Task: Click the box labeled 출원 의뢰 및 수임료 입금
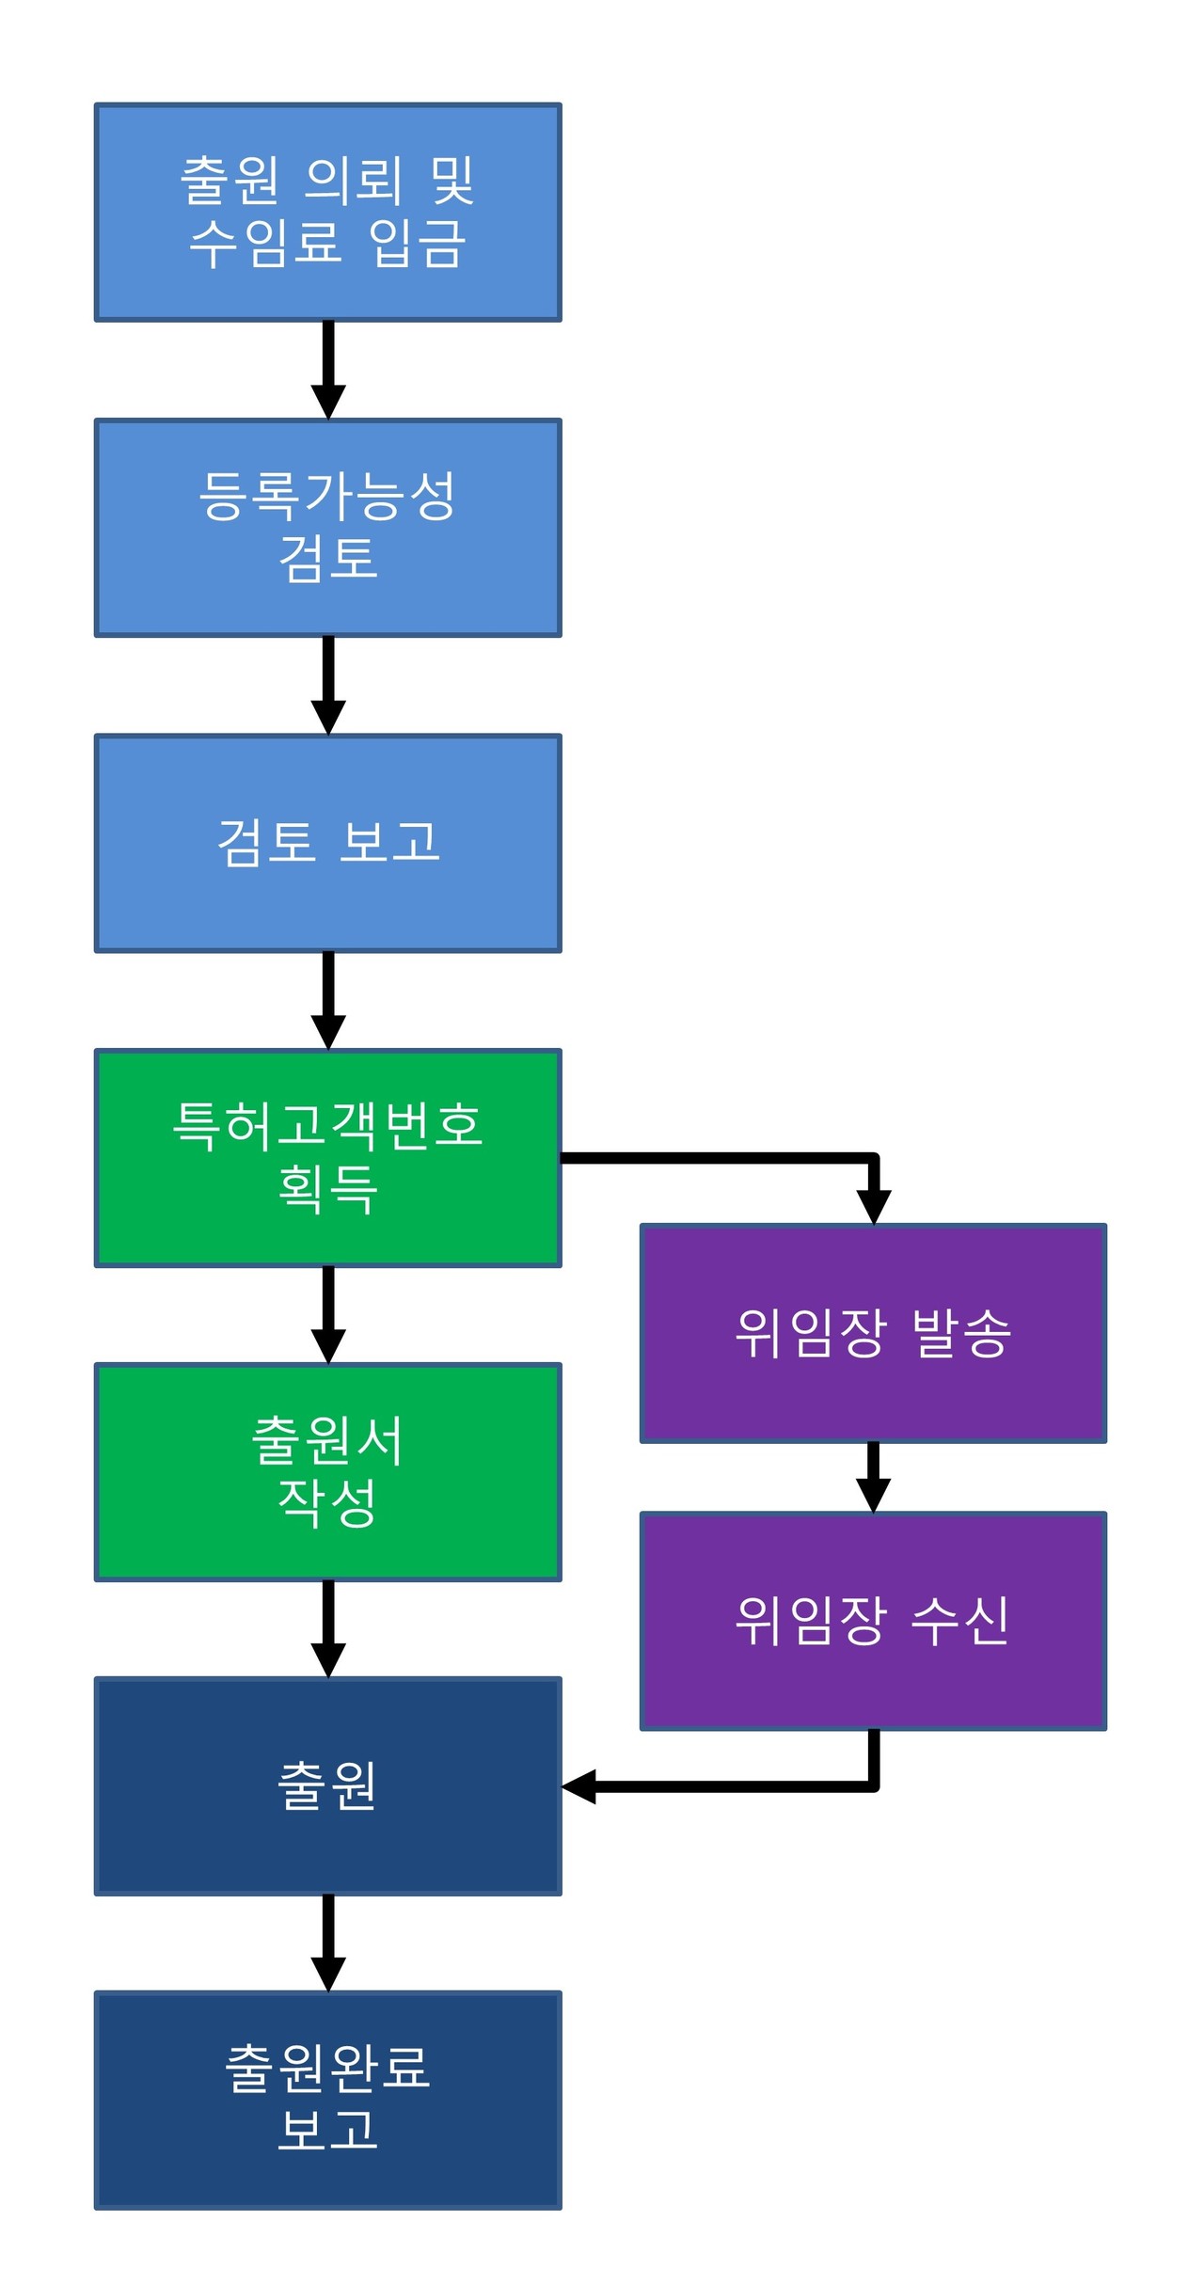[327, 213]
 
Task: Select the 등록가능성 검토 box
[327, 528]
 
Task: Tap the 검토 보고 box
[327, 843]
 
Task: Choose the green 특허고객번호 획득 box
[327, 1157]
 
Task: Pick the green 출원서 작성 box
[327, 1471]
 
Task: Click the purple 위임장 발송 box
[873, 1333]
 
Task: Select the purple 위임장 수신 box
[873, 1621]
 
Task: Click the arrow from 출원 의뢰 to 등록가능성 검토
[328, 369]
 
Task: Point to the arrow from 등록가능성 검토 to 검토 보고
[328, 684]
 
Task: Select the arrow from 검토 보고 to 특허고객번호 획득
[328, 999]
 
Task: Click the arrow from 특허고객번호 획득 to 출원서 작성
[328, 1313]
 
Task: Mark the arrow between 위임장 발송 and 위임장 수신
[873, 1476]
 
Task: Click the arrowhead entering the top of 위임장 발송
[874, 1206]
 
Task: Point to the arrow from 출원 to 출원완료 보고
[328, 1942]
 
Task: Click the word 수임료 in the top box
[264, 244]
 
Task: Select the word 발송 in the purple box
[960, 1333]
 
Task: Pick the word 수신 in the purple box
[960, 1621]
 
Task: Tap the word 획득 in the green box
[327, 1188]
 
